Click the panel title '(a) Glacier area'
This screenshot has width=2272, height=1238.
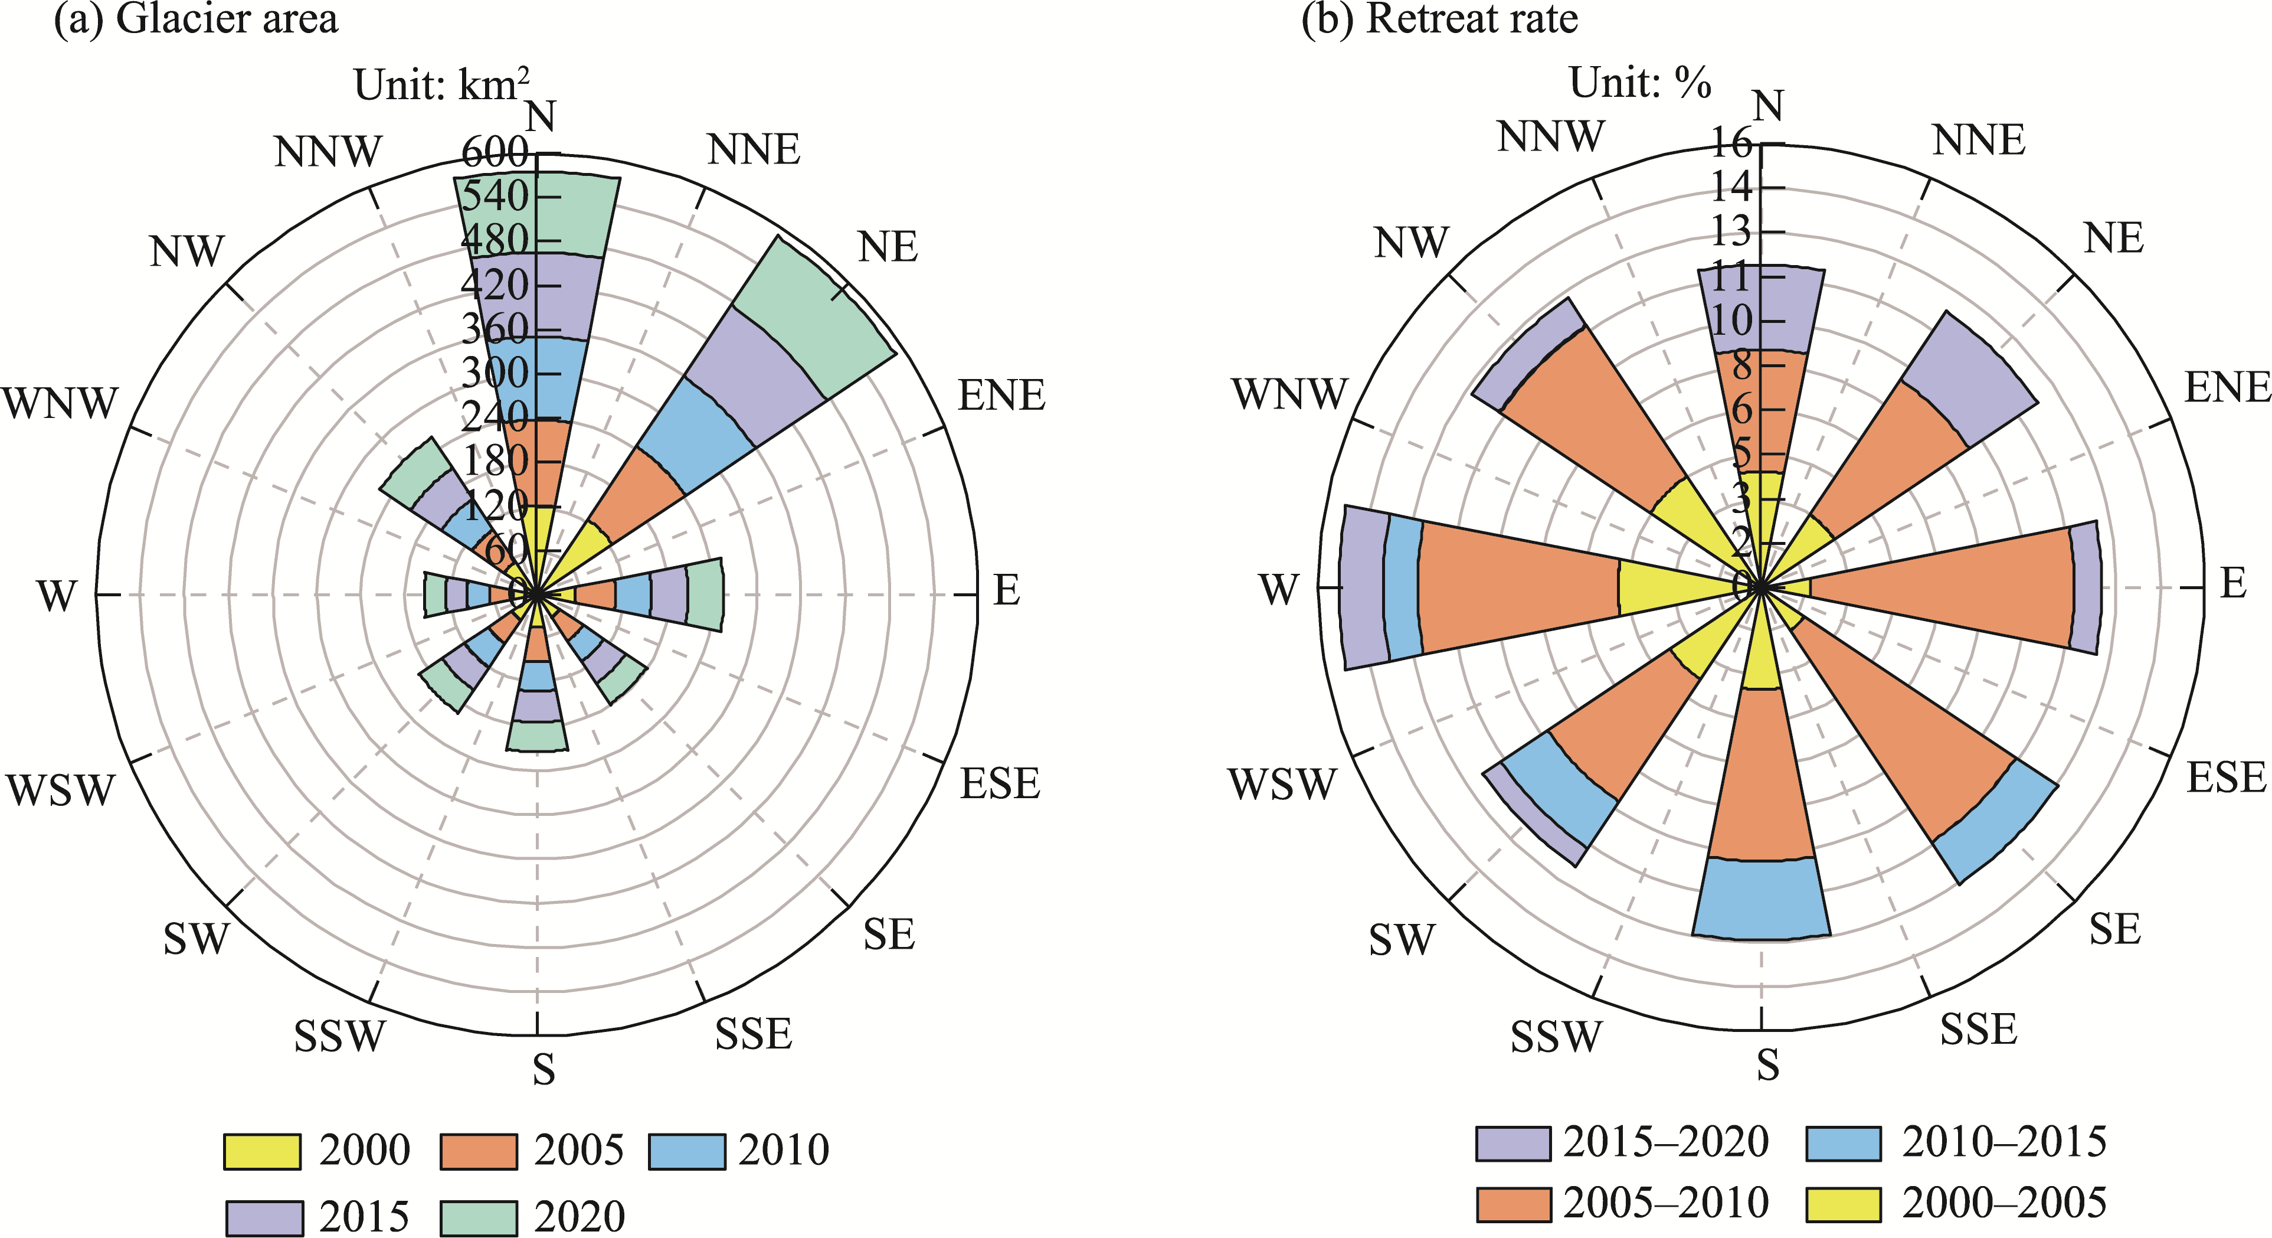(196, 19)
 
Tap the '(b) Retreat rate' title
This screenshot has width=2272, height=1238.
(1439, 19)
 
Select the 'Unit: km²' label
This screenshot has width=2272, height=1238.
(441, 86)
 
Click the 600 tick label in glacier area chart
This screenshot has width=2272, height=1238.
(495, 153)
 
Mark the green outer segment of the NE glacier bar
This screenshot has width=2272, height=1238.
(811, 318)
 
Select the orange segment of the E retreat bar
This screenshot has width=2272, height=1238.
(1940, 587)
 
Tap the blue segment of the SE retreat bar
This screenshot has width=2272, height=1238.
(1996, 821)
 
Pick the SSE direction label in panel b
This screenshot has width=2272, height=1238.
(1978, 1030)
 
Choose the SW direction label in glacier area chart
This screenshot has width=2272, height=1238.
(196, 939)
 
